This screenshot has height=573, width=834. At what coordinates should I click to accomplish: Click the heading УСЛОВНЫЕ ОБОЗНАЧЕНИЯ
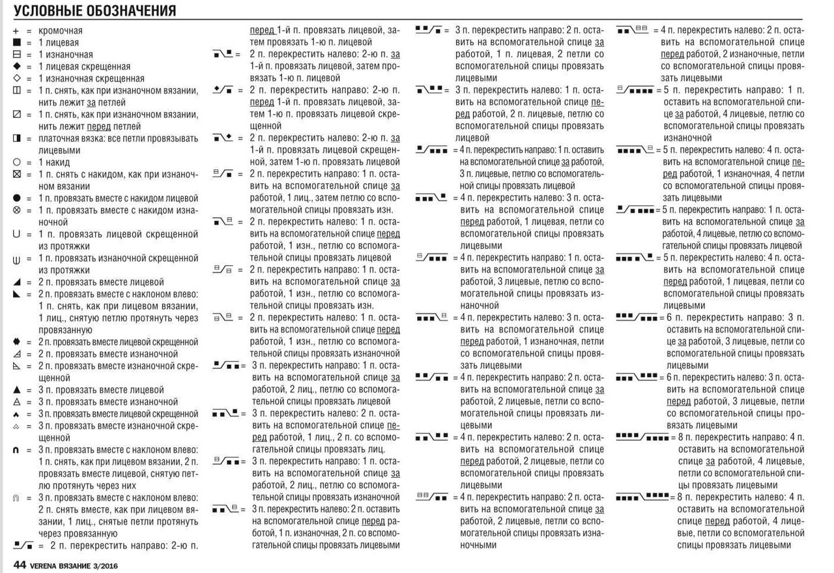coord(94,11)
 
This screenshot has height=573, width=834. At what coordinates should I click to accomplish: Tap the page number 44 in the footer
coord(19,565)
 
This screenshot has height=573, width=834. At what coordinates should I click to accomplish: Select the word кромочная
coord(61,31)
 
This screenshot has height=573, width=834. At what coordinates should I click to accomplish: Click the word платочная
coord(63,138)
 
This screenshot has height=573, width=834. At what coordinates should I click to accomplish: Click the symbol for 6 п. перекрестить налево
coord(637,377)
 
